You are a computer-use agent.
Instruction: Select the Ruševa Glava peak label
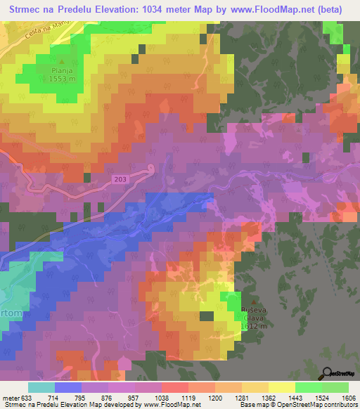click(254, 313)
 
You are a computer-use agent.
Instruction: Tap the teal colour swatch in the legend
click(41, 387)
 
